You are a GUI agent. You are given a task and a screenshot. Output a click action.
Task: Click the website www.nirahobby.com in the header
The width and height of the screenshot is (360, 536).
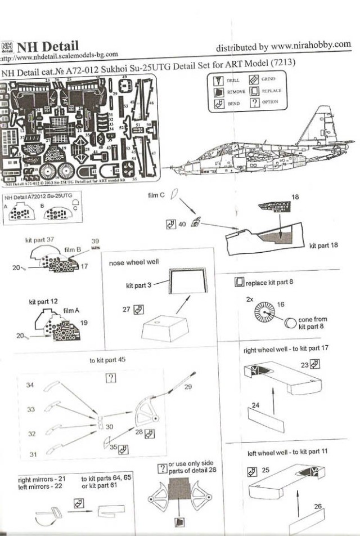click(308, 45)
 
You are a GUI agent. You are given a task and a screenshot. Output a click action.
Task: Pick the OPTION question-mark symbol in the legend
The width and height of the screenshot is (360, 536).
click(254, 102)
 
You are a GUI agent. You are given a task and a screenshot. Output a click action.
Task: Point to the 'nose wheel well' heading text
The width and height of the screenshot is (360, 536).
click(133, 262)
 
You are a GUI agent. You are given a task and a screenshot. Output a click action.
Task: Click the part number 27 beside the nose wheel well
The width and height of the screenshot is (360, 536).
click(126, 309)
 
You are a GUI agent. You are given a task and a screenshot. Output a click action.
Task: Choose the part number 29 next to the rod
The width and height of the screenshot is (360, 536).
click(188, 387)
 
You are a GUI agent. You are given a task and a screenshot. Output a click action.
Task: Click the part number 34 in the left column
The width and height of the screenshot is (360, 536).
click(30, 385)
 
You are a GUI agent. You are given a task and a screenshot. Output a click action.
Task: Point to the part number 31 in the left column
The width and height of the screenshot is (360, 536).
click(33, 454)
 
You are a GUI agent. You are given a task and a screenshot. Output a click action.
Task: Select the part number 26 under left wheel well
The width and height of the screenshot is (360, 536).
click(318, 506)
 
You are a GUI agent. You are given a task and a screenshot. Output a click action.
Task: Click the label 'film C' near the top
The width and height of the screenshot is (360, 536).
click(156, 196)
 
